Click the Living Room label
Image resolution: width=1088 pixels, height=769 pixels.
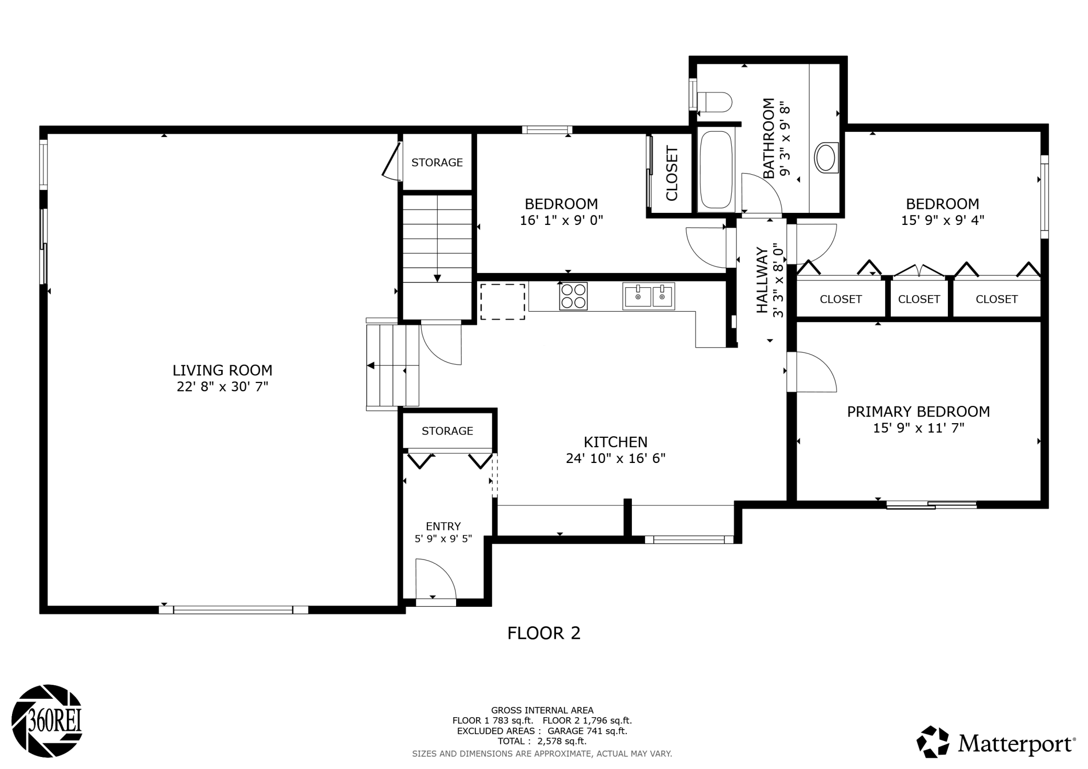tap(222, 370)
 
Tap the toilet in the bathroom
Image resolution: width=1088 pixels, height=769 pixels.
tap(715, 102)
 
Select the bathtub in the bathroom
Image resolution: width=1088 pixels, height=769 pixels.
tap(716, 170)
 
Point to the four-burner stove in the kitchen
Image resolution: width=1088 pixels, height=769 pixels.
tap(573, 296)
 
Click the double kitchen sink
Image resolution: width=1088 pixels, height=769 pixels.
tap(649, 296)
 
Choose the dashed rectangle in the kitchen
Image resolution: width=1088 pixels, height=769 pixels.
tap(502, 302)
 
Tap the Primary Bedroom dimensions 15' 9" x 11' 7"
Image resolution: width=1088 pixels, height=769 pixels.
tap(919, 428)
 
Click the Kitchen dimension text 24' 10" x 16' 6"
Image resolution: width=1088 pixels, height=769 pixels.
tap(616, 458)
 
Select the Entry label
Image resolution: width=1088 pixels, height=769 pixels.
tap(444, 526)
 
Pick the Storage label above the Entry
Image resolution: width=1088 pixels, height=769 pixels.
tap(447, 431)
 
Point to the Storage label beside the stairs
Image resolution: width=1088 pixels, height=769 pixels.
tap(437, 163)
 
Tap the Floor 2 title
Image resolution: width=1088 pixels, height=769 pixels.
tap(544, 634)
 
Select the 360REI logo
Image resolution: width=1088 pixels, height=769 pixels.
tap(47, 721)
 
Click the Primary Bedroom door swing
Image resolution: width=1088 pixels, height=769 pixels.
tap(812, 372)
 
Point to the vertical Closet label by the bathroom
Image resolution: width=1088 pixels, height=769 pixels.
tap(672, 173)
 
